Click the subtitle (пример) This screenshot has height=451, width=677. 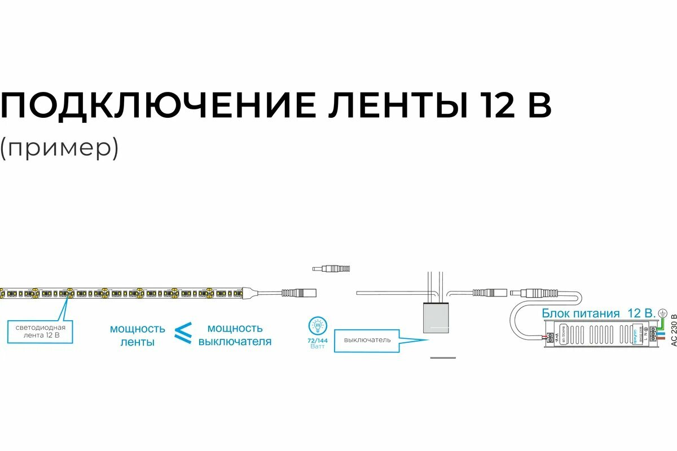tap(59, 148)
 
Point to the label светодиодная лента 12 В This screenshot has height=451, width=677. tap(40, 331)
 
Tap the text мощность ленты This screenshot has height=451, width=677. tap(137, 335)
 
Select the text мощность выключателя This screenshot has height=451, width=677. tap(235, 334)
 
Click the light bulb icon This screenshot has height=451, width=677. tap(318, 325)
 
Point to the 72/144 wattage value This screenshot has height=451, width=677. tap(318, 341)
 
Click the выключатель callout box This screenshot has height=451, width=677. tap(367, 340)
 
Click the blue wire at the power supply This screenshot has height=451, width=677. tap(660, 334)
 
